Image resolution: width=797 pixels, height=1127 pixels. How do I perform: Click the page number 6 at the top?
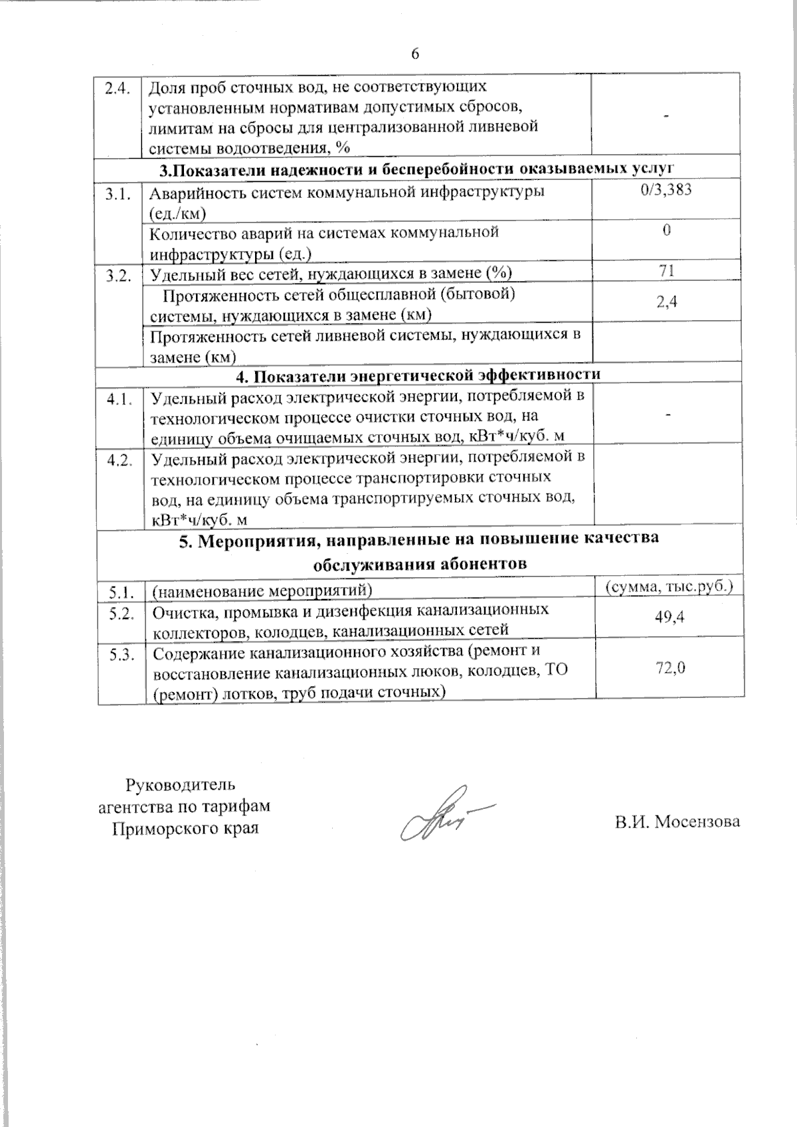click(x=415, y=54)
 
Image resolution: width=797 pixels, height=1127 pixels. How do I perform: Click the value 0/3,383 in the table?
click(x=667, y=190)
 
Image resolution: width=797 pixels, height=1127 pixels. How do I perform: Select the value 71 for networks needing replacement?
click(x=667, y=270)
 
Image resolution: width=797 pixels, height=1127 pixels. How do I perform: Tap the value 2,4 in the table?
click(x=667, y=302)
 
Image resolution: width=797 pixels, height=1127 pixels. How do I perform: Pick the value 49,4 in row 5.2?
click(x=669, y=617)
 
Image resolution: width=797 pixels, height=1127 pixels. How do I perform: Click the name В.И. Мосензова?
click(x=677, y=822)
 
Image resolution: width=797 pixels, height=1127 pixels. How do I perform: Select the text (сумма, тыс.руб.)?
click(x=669, y=586)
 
